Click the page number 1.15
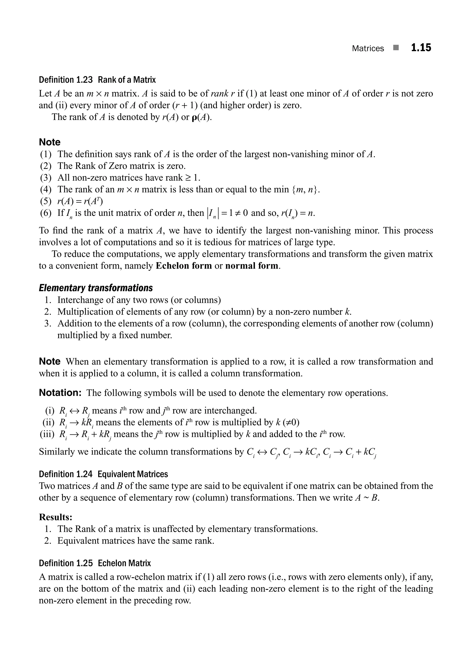[421, 48]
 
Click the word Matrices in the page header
[368, 48]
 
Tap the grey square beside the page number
[396, 48]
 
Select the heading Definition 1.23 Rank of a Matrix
[97, 80]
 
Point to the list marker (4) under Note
[46, 189]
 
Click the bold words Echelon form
[184, 266]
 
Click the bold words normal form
[252, 266]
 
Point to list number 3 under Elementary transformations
[47, 324]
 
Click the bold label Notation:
[60, 393]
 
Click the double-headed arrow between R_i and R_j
[74, 411]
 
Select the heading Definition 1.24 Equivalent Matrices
[103, 474]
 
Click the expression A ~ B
[367, 498]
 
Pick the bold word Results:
[56, 517]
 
